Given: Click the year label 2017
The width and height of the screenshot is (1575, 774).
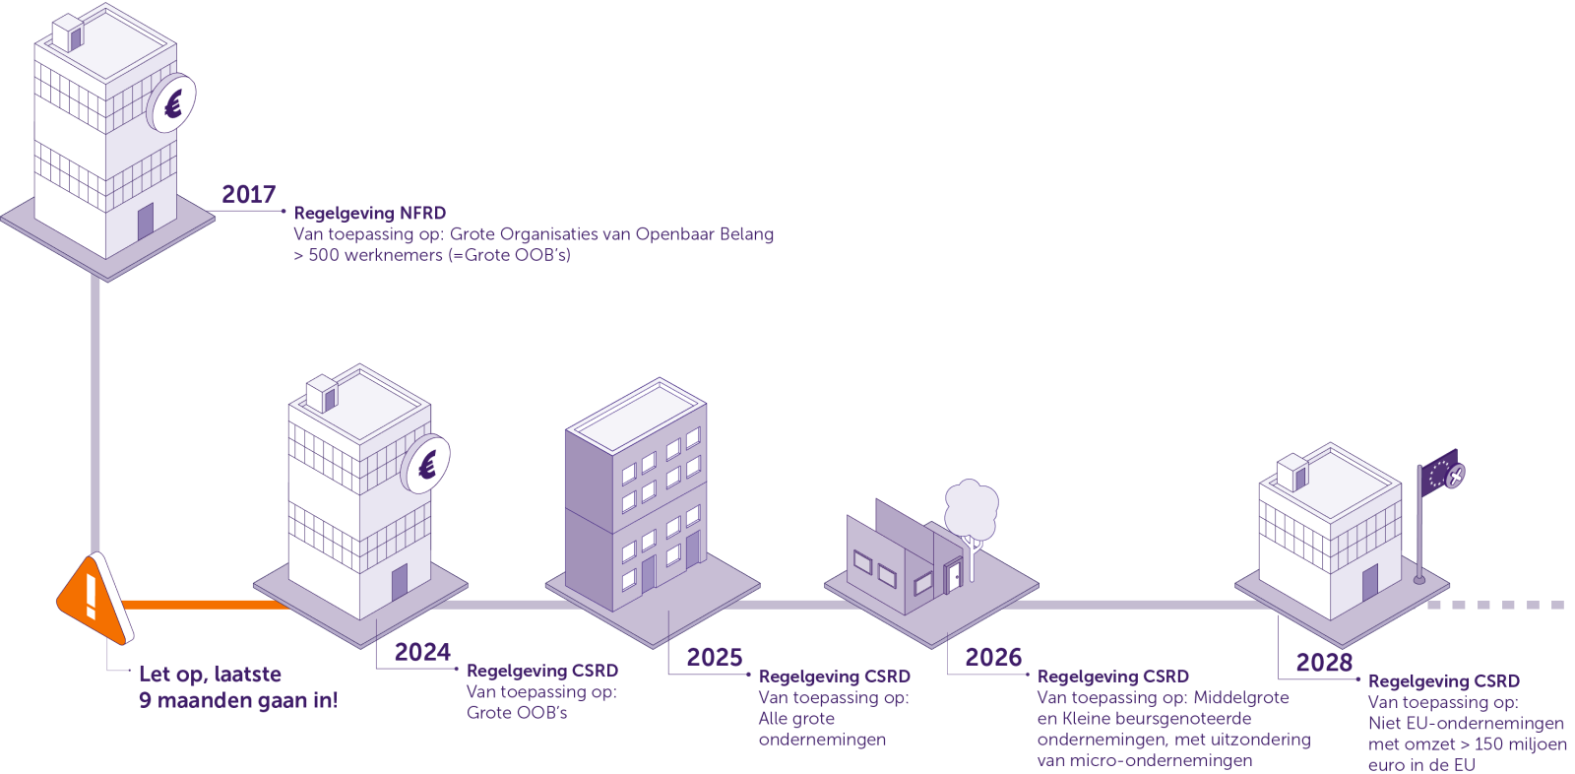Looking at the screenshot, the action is coord(249,194).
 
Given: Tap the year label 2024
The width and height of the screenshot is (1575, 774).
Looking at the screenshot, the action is coord(422,652).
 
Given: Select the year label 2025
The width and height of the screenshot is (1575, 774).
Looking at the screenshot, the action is coord(715,657).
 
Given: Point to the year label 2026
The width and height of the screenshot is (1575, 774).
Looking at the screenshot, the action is coord(993,657).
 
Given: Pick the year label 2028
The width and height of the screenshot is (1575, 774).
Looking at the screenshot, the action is coord(1324,662).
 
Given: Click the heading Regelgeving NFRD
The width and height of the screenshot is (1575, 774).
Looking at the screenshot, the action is coord(370,214).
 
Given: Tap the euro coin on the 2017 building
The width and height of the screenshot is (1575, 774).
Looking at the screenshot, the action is coord(172,103).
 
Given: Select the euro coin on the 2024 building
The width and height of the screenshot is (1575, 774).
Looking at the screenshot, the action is coord(426,464).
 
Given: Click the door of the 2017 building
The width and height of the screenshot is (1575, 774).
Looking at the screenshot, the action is coord(145,222).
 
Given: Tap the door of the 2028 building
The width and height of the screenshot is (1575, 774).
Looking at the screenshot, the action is coord(1369,583).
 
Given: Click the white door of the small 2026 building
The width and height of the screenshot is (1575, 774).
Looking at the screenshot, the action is coord(955,577).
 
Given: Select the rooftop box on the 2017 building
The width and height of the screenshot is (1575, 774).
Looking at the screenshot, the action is coord(68,32).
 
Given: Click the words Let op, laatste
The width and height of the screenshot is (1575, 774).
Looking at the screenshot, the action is coord(211,675).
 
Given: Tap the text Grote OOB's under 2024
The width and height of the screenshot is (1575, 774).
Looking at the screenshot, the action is coord(517,713).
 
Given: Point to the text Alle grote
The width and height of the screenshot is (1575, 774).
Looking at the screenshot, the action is coord(796,719).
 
